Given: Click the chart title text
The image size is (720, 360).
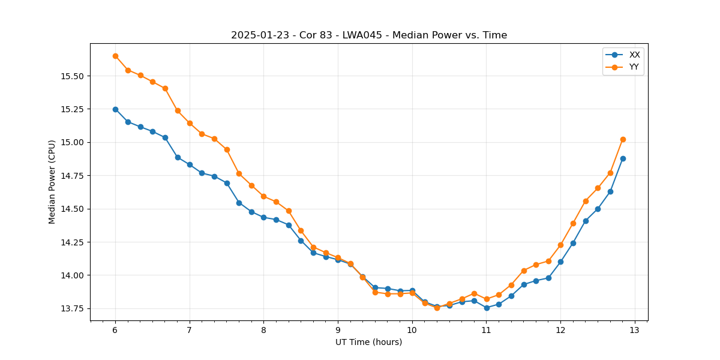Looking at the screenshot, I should (x=369, y=35).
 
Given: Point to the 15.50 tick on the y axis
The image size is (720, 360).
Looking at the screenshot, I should (x=71, y=76).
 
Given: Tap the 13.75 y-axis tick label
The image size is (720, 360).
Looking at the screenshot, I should (x=71, y=309).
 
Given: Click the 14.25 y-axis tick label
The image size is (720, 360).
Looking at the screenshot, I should (x=71, y=242).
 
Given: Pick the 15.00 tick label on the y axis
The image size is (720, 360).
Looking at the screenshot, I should (x=71, y=143).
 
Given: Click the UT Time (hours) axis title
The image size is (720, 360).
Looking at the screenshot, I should (x=368, y=343).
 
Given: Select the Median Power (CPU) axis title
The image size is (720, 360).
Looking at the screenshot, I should (x=52, y=182).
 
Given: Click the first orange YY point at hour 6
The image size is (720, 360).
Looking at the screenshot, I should (x=115, y=56).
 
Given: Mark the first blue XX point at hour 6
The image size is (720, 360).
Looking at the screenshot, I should (x=115, y=109).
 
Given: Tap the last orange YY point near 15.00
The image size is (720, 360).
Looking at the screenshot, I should (x=623, y=139).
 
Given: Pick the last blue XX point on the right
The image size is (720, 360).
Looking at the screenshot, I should (x=623, y=158).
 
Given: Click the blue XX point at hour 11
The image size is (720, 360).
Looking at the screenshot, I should (x=487, y=308).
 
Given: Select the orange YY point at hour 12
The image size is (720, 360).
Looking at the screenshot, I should (x=560, y=245).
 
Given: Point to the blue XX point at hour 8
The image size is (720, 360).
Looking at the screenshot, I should (x=263, y=217).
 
